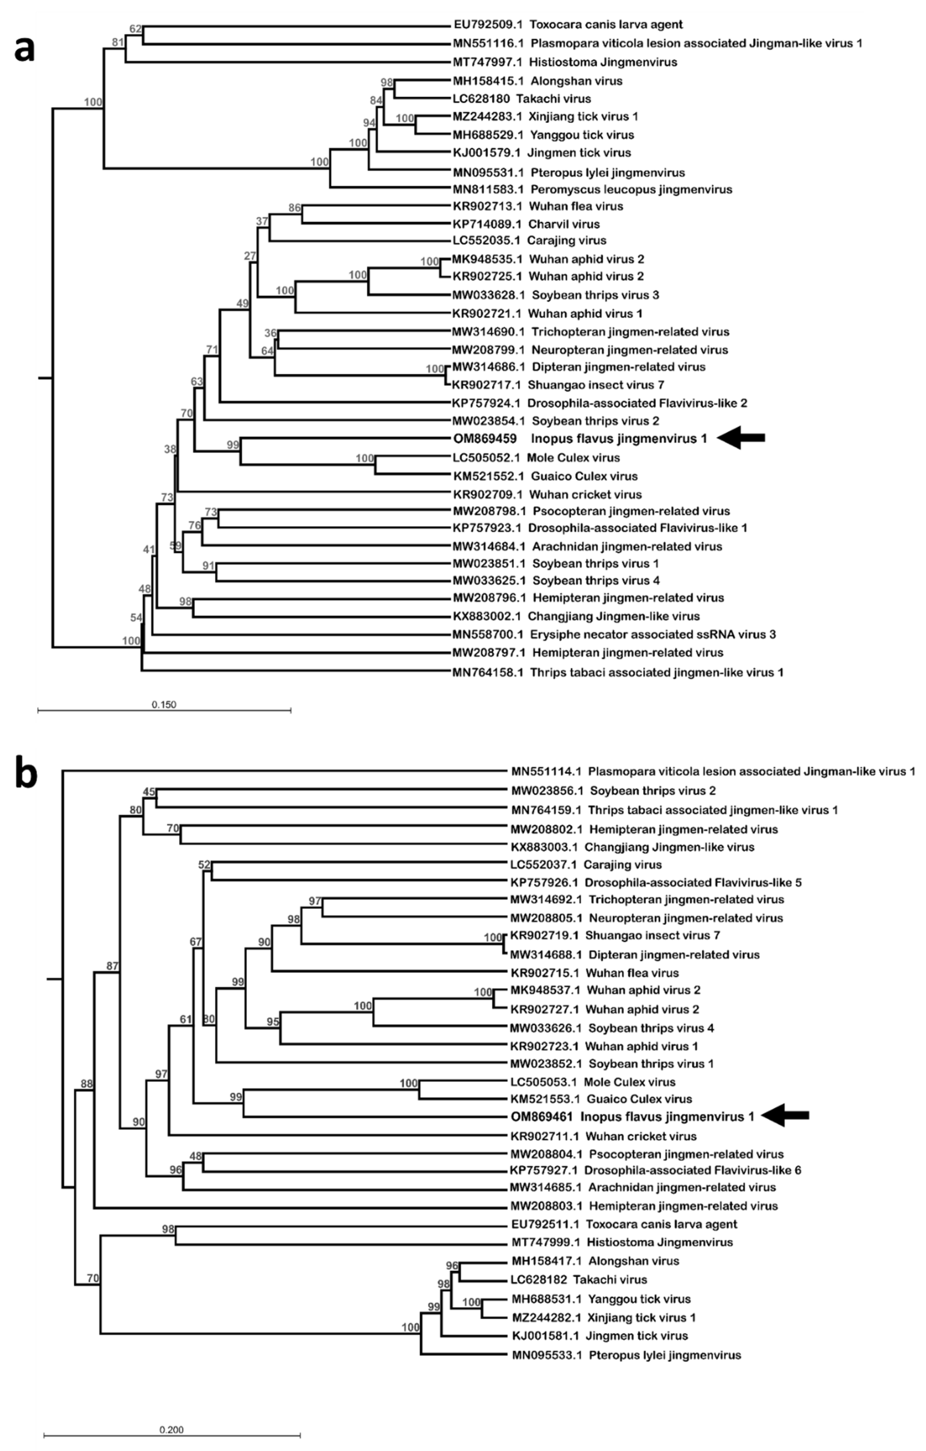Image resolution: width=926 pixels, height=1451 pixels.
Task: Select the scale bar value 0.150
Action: [164, 704]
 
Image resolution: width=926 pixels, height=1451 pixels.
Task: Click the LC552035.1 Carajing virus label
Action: [529, 240]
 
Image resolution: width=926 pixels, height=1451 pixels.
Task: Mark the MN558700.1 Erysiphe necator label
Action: [614, 634]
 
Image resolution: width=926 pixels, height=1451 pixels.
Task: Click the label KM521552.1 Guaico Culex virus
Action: [545, 476]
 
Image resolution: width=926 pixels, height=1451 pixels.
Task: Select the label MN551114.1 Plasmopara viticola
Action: [713, 771]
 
